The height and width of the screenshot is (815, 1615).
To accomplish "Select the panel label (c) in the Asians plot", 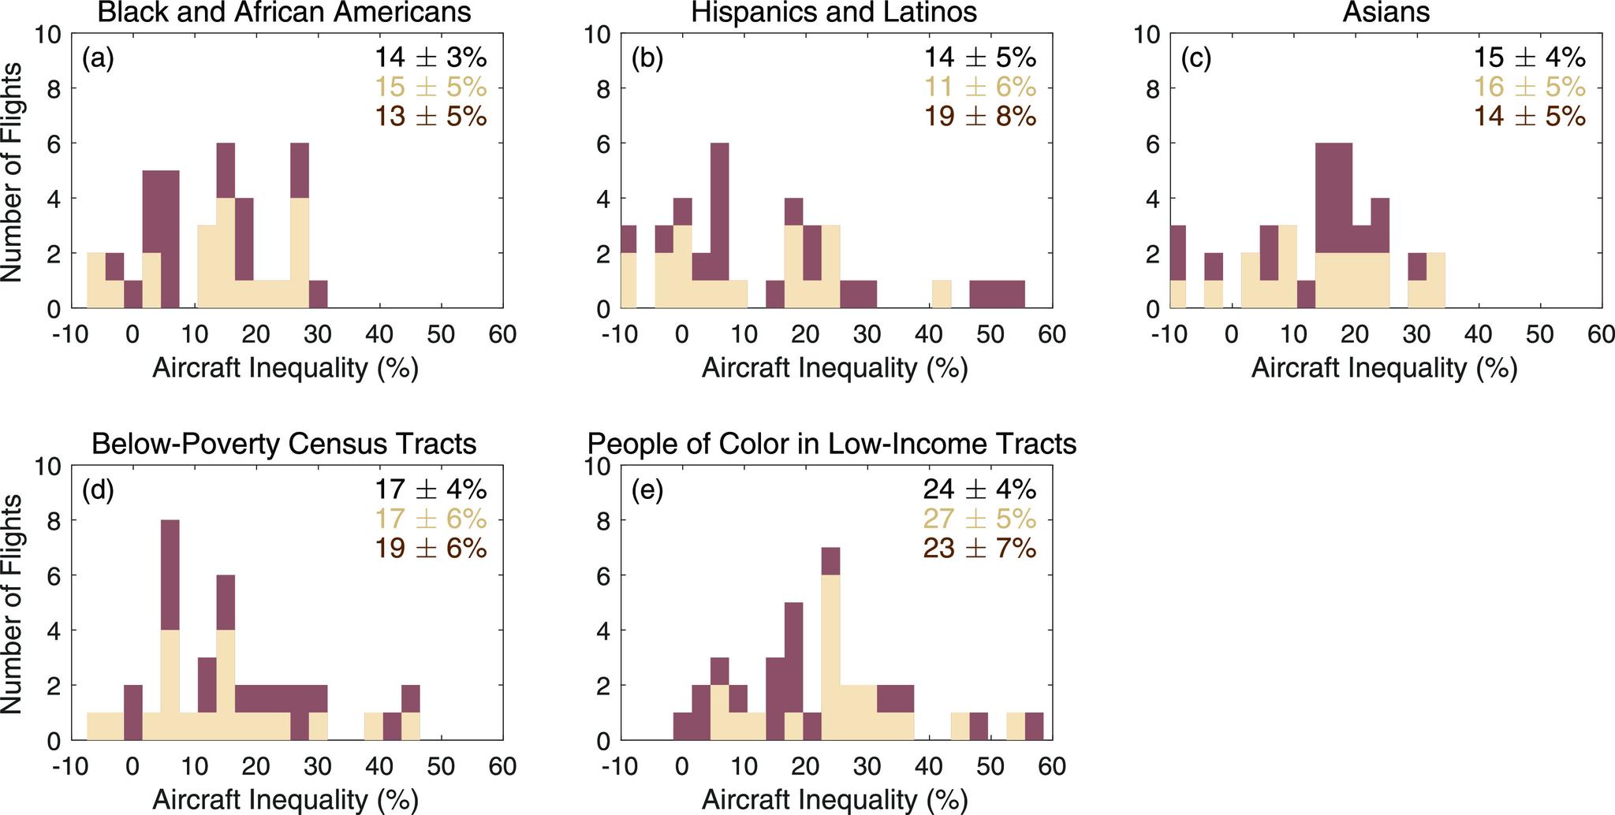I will [1195, 59].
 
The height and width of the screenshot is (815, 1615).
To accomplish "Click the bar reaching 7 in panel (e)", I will [830, 642].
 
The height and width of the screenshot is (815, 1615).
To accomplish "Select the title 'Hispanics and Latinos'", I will [834, 12].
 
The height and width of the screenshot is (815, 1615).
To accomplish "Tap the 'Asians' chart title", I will [1386, 12].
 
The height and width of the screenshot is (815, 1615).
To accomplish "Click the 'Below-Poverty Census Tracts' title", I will [284, 444].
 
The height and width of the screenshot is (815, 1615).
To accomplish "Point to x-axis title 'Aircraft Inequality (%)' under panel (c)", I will [1384, 368].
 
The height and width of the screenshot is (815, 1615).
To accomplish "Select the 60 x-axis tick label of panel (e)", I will [1051, 765].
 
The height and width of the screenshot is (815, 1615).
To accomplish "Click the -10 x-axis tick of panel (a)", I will [72, 334].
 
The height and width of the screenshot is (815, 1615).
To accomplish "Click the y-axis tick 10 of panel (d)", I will [49, 466].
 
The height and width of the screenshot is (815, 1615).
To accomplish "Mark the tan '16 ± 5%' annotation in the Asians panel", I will [1530, 87].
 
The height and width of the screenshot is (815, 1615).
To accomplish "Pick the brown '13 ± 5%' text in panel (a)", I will [431, 117].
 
